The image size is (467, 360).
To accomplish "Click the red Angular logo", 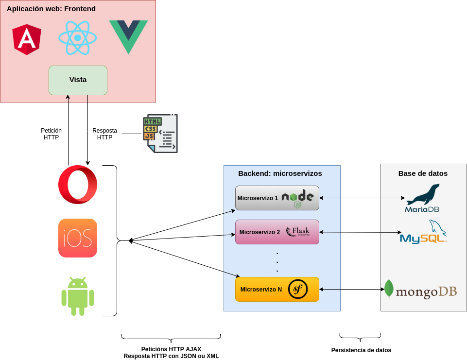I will (27, 39).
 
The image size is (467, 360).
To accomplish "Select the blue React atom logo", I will (78, 38).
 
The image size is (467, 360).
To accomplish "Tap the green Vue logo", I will (128, 36).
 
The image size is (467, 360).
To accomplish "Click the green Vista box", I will (78, 80).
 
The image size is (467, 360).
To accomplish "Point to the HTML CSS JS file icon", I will (160, 134).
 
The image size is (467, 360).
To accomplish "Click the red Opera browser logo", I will (78, 185).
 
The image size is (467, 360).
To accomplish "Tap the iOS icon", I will (78, 238).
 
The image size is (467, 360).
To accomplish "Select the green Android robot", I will (78, 296).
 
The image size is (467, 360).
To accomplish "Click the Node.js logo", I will (297, 198).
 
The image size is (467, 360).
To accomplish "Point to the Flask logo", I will (298, 232).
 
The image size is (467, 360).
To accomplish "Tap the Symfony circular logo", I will (298, 289).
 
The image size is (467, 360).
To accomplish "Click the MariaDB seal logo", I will (423, 198).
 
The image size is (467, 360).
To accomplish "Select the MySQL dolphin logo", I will (423, 232).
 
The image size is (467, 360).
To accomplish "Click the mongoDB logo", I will (420, 290).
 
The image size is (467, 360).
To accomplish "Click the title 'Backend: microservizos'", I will (280, 173).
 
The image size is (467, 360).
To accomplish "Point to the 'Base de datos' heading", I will (423, 173).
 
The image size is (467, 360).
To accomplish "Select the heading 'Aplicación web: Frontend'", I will (51, 9).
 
